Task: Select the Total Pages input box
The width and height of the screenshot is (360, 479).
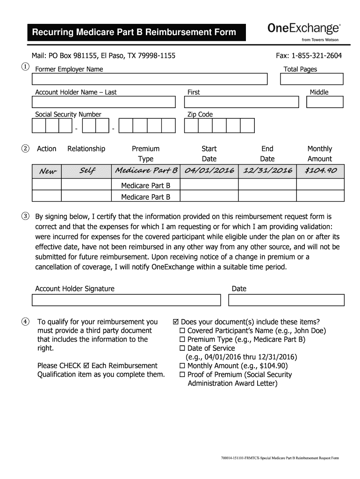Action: click(311, 80)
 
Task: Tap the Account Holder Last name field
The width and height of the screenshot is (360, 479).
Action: click(103, 102)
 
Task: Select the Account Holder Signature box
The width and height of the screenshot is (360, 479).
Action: click(127, 300)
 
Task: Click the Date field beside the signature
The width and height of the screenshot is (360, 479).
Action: click(286, 300)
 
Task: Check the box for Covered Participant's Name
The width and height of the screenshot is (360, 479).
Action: click(183, 331)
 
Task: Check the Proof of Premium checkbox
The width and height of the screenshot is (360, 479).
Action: click(183, 375)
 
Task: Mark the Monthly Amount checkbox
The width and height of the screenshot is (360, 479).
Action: click(183, 366)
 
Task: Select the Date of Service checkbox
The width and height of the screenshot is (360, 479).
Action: click(183, 348)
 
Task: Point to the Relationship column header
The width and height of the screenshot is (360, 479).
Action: click(86, 149)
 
